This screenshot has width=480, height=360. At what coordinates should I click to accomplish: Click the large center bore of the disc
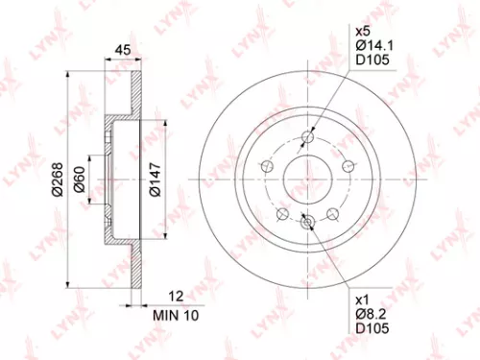tap(307, 178)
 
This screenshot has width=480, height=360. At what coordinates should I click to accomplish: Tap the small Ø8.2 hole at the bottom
tap(307, 223)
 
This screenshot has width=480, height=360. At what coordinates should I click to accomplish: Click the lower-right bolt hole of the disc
tap(332, 213)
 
